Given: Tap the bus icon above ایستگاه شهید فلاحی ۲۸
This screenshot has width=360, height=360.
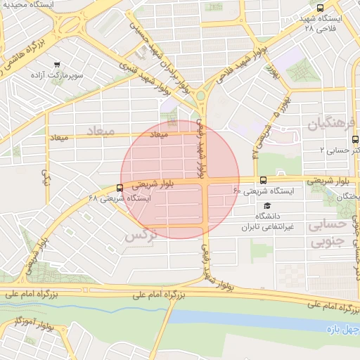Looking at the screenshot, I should (x=321, y=8).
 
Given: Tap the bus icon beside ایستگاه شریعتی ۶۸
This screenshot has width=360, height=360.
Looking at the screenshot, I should (x=120, y=188).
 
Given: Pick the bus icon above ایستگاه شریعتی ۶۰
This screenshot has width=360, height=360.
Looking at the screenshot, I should (x=263, y=180).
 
